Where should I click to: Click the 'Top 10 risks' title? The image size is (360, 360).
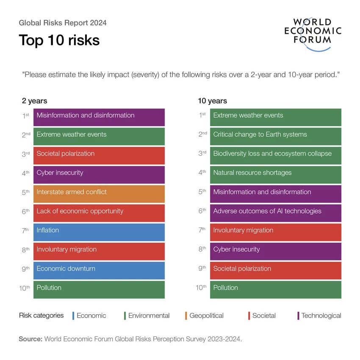tap(59, 40)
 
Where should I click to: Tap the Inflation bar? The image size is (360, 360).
tap(99, 231)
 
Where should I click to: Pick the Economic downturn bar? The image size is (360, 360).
tap(99, 269)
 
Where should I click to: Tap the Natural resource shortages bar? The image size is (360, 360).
tap(275, 173)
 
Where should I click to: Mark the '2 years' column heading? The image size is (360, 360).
tap(35, 101)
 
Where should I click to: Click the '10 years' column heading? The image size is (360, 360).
tap(212, 101)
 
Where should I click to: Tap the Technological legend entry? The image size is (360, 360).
tap(321, 316)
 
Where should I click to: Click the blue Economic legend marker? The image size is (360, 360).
tap(73, 316)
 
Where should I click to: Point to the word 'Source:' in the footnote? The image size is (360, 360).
tap(30, 339)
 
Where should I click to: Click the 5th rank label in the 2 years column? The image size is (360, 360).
tap(25, 192)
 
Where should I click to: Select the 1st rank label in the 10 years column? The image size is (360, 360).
tap(202, 115)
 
